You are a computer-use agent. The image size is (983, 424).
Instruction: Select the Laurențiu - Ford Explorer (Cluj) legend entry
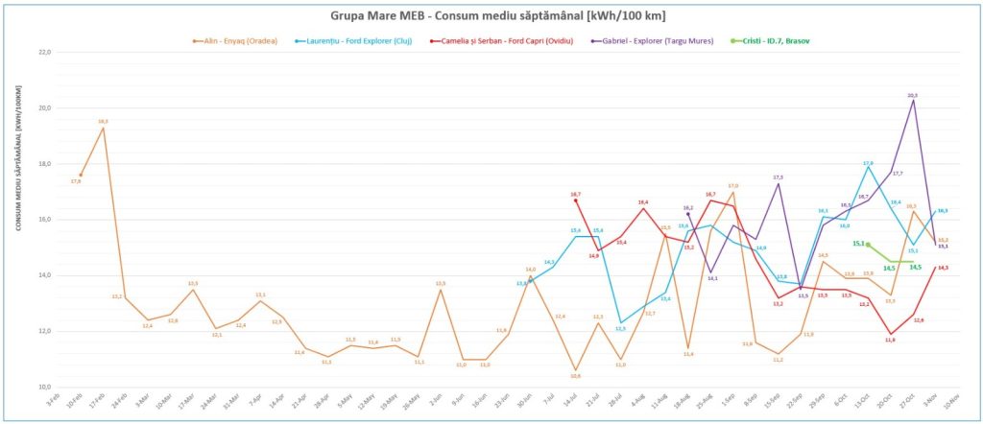[356, 41]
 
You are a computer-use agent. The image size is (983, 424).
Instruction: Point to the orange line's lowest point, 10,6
[575, 370]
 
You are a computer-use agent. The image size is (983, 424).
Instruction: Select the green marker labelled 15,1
[868, 245]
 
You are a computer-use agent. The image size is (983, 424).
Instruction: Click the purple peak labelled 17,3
[778, 184]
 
